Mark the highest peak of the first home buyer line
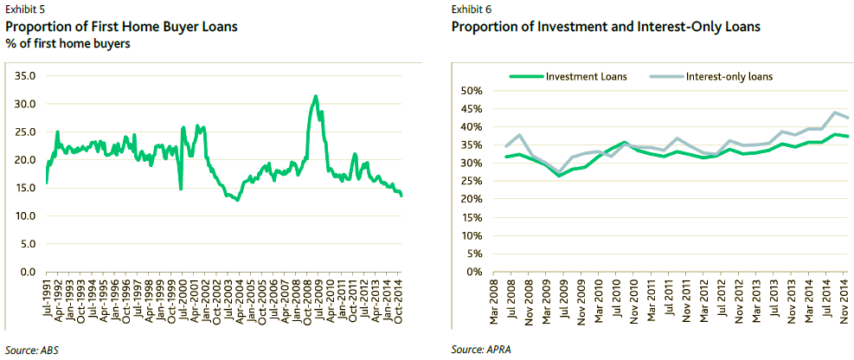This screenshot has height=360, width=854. [316, 96]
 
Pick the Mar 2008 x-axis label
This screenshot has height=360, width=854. [493, 303]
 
